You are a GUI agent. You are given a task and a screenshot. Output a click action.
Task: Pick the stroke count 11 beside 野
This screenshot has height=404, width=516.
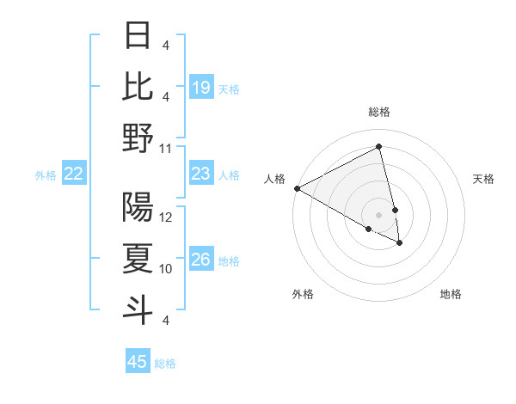click(167, 147)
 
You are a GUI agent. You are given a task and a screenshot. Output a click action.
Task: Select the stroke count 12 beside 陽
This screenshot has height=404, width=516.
click(167, 217)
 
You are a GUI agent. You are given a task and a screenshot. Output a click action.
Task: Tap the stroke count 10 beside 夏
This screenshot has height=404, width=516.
click(167, 268)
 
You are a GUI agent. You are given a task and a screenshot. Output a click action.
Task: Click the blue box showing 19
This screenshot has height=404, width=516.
click(201, 87)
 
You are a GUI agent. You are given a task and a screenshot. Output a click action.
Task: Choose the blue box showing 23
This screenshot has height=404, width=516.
click(201, 174)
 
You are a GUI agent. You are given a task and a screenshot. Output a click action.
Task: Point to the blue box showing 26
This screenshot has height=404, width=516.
click(201, 260)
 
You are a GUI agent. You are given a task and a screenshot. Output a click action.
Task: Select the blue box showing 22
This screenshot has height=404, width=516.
click(74, 174)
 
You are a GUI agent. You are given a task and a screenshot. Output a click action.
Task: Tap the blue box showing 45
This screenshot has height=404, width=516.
click(138, 362)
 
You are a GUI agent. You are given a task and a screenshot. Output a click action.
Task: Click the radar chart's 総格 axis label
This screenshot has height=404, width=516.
click(379, 112)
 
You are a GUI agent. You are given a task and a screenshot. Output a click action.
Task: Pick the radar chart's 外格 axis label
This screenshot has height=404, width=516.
click(303, 294)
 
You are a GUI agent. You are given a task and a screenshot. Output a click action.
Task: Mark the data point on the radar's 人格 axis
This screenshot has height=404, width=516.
click(297, 188)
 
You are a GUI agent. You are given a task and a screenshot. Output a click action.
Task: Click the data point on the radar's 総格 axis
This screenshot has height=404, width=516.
click(379, 147)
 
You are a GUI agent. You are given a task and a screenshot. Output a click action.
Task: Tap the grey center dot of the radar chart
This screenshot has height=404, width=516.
click(379, 214)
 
